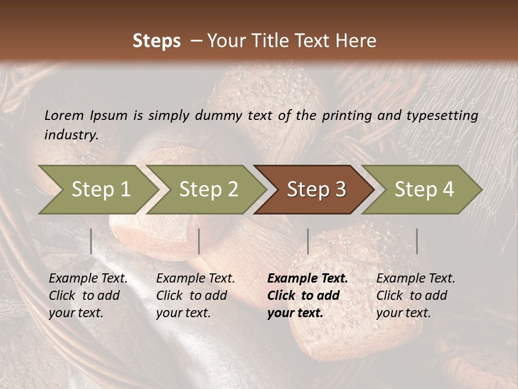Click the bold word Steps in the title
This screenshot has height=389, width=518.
coord(156,41)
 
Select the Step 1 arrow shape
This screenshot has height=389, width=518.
coord(97,189)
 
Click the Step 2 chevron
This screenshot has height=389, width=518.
coord(208,189)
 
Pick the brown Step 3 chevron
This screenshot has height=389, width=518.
coord(316,189)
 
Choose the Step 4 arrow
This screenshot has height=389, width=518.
coord(424,189)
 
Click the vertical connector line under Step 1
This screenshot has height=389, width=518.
coord(91,241)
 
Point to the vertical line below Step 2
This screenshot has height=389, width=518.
coord(199,241)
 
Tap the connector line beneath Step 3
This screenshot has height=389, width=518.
coord(308,241)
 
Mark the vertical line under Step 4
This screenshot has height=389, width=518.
coord(417,241)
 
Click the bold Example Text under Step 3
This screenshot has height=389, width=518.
coord(308,279)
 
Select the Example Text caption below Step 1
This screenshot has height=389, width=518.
coord(88,279)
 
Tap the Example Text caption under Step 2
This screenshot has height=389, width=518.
coord(195,279)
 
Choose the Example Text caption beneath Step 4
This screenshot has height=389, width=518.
coord(415,279)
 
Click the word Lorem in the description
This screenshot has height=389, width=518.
coord(64,115)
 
